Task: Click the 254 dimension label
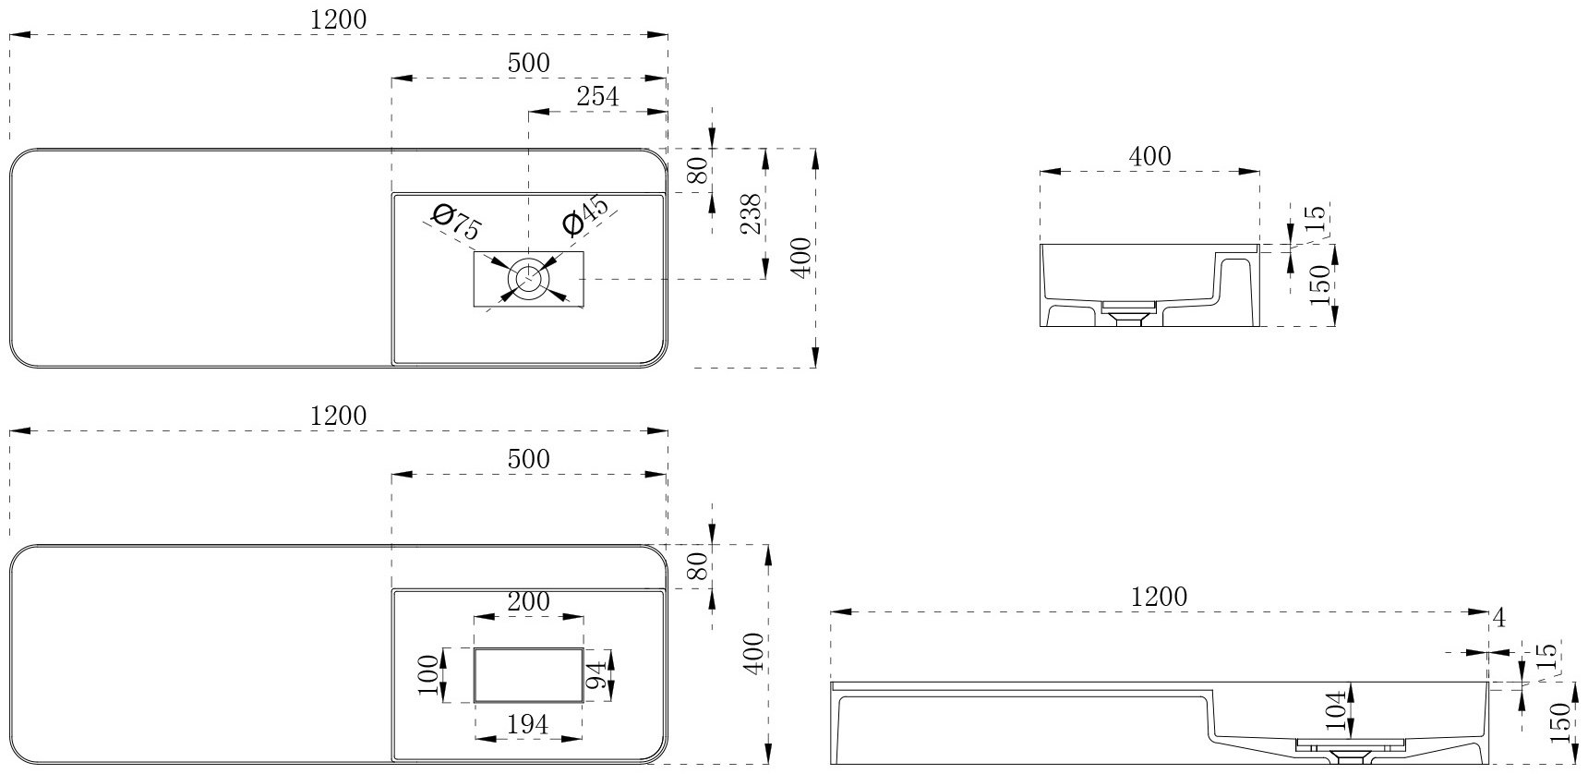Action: (597, 95)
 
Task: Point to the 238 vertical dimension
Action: (752, 213)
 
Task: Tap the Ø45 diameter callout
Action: (585, 216)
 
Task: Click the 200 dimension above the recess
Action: (528, 602)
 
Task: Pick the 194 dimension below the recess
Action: (528, 725)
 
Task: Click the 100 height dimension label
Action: (427, 676)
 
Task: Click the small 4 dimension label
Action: (1499, 619)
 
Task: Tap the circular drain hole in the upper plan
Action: (529, 277)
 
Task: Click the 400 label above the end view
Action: (1149, 156)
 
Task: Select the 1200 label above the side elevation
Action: (1160, 598)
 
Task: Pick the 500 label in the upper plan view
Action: (528, 63)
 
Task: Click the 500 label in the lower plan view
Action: (528, 459)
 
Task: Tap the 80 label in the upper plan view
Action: (698, 170)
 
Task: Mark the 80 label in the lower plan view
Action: (698, 566)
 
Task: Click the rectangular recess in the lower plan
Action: (528, 676)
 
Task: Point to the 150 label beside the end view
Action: (1320, 284)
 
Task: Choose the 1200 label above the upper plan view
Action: (338, 19)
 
